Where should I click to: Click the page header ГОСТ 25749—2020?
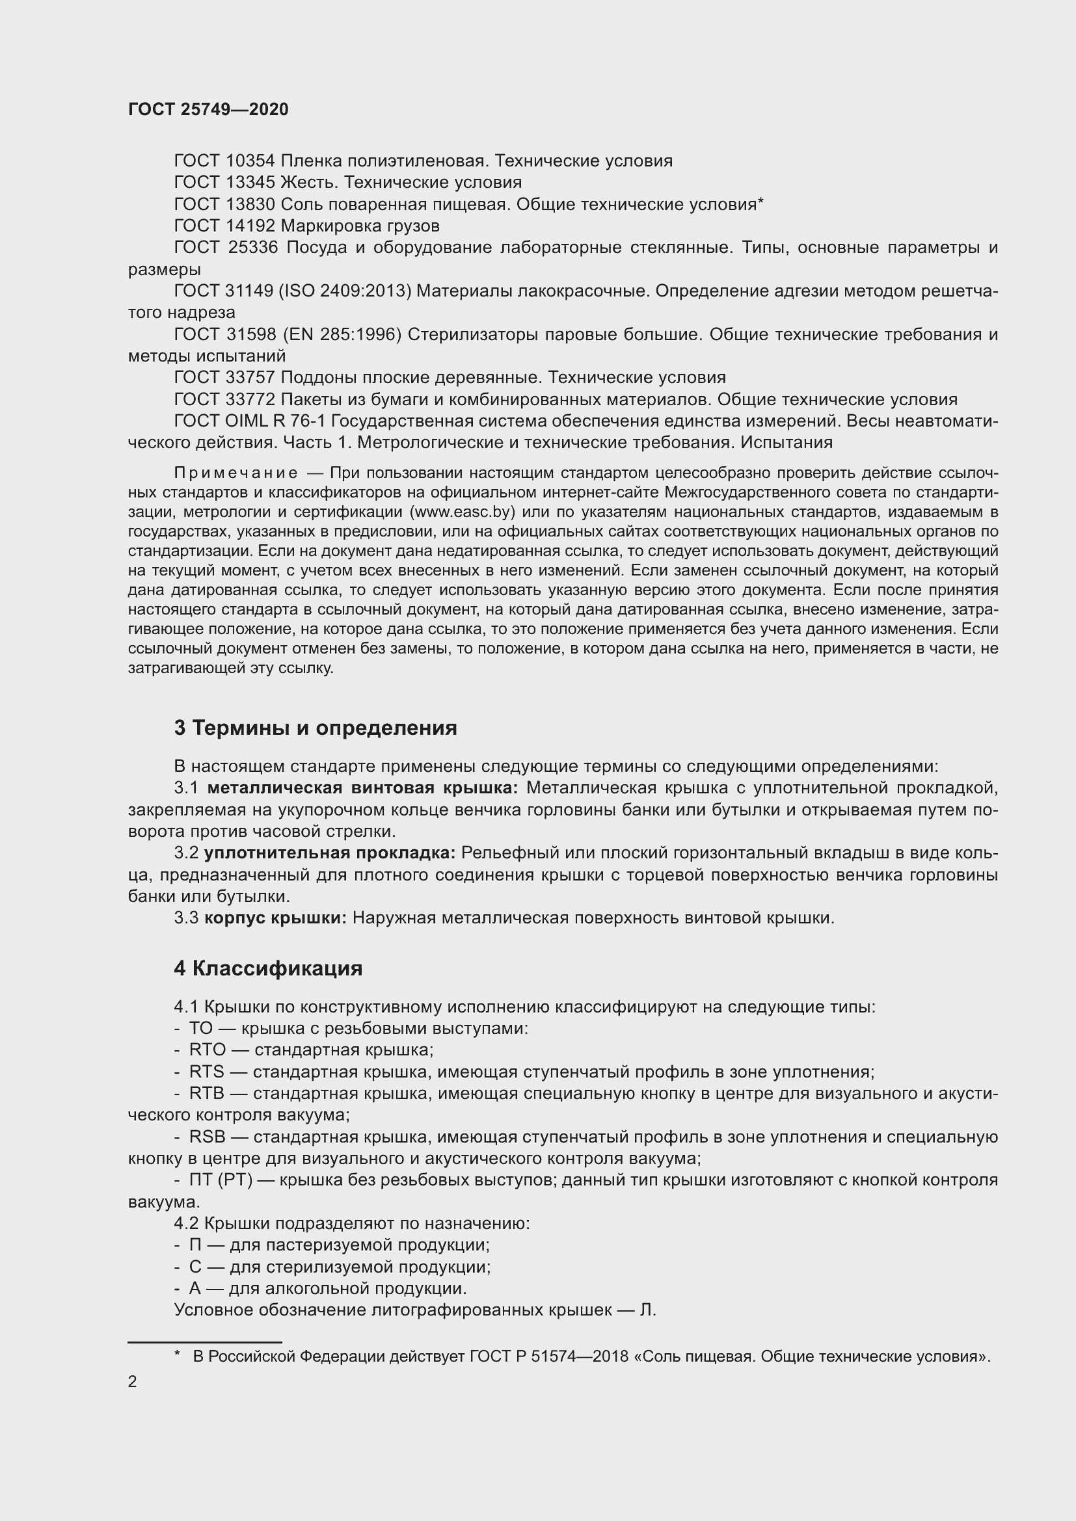[208, 109]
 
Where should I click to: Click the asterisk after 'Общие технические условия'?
[760, 203]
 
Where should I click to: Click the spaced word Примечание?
[235, 473]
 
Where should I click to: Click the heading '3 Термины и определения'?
[316, 728]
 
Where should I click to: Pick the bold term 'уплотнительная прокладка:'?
[330, 853]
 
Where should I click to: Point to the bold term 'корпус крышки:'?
[276, 918]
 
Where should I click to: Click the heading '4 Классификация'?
[268, 968]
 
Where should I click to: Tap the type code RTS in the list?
[207, 1072]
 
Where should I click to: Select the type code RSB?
[208, 1137]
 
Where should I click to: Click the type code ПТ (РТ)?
[221, 1180]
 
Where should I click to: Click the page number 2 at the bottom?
[133, 1382]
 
